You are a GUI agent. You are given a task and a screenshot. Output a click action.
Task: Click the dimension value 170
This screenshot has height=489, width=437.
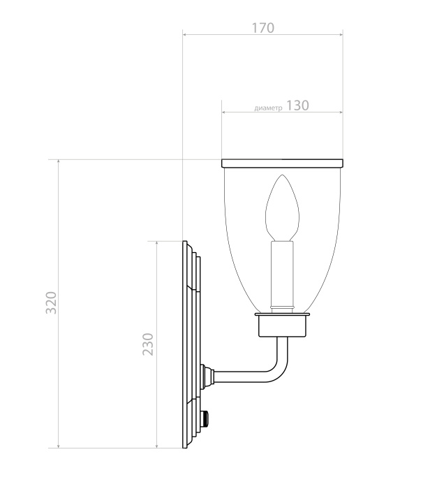tap(262, 28)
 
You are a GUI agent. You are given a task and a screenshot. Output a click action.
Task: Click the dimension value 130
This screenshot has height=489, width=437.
tap(297, 105)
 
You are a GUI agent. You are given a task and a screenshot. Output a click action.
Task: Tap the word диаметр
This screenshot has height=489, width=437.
tap(269, 108)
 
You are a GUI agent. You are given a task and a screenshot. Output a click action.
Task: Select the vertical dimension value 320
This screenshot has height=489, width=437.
tap(51, 302)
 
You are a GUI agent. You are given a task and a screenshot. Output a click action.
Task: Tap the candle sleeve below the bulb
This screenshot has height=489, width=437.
tap(283, 276)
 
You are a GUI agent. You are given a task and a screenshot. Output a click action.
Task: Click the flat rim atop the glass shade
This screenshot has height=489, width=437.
tap(283, 163)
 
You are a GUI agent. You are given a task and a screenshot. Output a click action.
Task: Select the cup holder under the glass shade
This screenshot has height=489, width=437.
tap(282, 326)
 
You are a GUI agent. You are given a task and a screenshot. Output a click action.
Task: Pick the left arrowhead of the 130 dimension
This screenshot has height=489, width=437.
tap(224, 112)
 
